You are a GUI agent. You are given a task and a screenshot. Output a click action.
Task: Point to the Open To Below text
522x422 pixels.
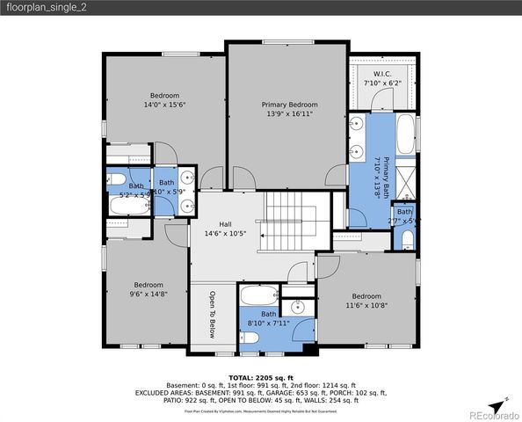pyautogui.click(x=212, y=315)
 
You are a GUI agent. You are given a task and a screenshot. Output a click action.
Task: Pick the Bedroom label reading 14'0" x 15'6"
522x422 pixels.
pyautogui.click(x=164, y=99)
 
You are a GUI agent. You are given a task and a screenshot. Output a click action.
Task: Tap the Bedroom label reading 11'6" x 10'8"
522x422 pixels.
pyautogui.click(x=366, y=301)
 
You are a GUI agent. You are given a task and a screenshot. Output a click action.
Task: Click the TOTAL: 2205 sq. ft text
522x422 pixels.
pyautogui.click(x=261, y=377)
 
